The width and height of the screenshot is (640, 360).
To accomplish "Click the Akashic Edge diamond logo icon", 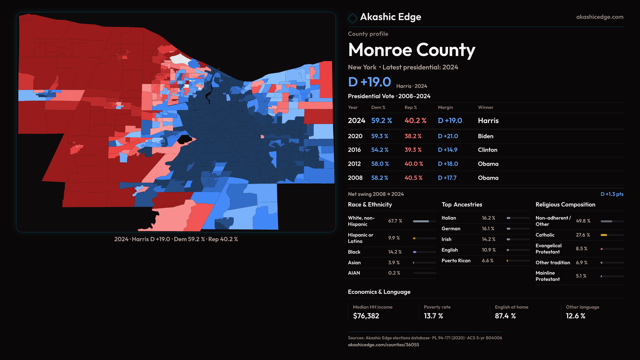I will click(352, 18).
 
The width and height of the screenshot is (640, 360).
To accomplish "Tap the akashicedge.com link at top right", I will click(599, 17).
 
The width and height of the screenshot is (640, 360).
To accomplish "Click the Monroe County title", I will click(411, 50).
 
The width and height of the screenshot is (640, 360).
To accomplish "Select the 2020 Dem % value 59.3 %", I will click(380, 136).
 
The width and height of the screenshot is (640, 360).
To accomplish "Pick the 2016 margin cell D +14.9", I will click(447, 150).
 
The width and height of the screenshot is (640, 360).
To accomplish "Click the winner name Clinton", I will click(487, 150).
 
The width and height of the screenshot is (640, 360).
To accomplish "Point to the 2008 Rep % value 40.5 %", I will click(413, 178).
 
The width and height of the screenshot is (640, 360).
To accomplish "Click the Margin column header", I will click(445, 108).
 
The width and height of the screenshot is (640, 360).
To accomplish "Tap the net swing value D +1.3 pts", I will click(612, 194).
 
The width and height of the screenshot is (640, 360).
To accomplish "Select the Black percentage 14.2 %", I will click(395, 252).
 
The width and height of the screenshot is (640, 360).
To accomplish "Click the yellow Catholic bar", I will click(604, 235).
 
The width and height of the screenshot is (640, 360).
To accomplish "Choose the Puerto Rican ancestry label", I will click(456, 261).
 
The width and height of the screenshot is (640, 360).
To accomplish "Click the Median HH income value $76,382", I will click(366, 316).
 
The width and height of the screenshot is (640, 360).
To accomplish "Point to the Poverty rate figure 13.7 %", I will click(433, 316).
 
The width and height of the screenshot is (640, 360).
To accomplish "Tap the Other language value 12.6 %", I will click(575, 316).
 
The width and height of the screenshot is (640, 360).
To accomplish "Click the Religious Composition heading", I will click(565, 205).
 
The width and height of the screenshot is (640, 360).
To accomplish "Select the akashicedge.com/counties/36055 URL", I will click(383, 345).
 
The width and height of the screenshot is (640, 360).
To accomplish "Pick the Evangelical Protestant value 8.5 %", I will click(581, 249).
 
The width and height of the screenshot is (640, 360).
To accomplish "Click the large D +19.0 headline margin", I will click(369, 82).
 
